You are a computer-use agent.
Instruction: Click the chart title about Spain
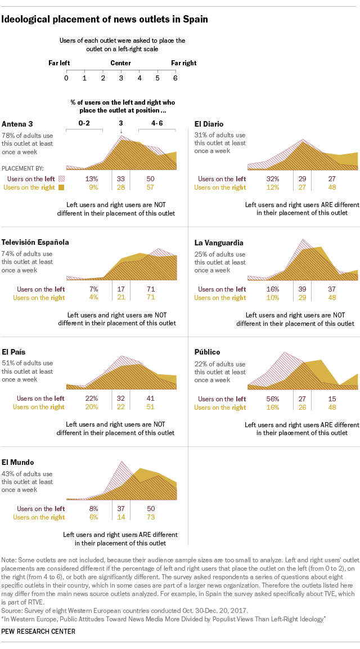105,19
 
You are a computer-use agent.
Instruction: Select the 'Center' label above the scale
121,63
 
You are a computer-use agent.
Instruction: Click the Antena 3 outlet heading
17,124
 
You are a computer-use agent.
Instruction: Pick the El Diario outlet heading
208,124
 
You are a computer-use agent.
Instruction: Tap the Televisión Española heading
35,242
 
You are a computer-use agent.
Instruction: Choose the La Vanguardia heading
219,243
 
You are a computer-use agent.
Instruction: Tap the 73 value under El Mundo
150,517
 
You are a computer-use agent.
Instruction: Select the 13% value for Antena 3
92,178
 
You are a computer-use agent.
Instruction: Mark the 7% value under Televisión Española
93,289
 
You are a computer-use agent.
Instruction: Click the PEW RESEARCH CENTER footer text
39,632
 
